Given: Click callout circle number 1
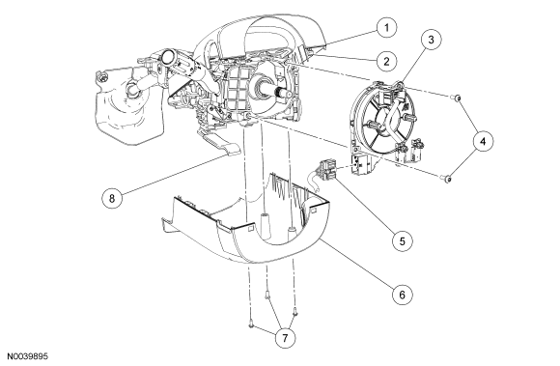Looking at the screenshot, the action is point(387,27).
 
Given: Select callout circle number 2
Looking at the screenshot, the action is point(387,61).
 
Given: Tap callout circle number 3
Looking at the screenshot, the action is point(431,40).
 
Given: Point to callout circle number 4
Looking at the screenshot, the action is point(483,141).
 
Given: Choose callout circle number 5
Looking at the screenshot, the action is point(403,241).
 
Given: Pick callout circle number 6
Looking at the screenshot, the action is point(403,295).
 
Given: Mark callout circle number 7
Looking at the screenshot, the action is point(285,338).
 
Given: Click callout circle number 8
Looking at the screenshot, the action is point(112,198).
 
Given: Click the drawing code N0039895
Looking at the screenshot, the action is point(28,356).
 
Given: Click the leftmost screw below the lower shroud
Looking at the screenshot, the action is point(251,324).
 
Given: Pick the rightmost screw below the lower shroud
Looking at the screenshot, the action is point(294,312).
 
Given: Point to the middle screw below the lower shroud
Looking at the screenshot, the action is point(267,295).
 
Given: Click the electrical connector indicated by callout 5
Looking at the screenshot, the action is point(326,169).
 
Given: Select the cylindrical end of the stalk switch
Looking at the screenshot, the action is point(167,57).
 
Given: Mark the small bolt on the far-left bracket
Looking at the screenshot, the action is point(103,76).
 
